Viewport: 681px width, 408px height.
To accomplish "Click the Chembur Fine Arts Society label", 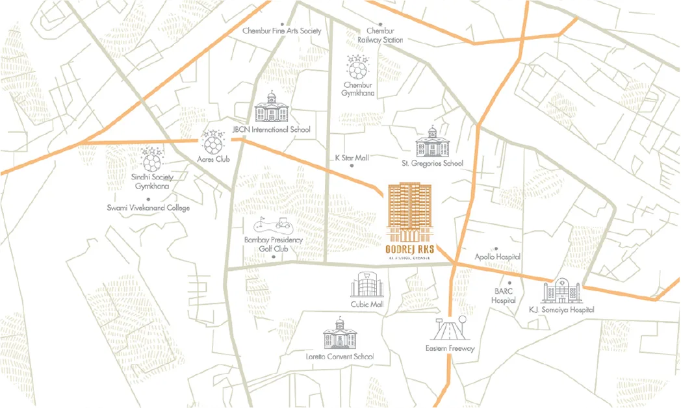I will [281, 31].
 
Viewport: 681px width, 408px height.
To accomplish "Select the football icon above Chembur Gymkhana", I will [357, 67].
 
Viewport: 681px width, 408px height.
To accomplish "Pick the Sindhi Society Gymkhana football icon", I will [151, 159].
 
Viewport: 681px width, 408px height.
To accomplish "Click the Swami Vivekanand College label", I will [148, 208].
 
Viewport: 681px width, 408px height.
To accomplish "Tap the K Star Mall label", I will [351, 158].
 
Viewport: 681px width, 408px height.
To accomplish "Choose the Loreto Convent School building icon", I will [339, 335].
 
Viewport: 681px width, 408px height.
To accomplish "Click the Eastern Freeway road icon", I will [450, 329].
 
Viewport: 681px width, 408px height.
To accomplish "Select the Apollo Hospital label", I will [498, 257].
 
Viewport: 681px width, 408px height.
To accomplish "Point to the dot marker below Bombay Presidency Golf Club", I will [274, 257].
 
